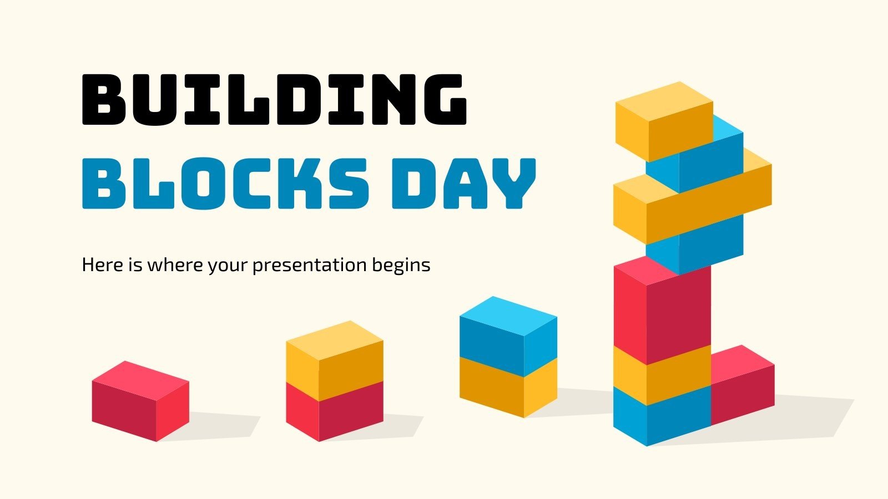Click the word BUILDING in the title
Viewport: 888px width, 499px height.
pos(274,100)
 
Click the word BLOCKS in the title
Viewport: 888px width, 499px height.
pos(225,183)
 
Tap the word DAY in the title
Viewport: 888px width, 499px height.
pos(463,183)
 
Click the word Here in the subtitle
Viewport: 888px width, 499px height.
pos(102,265)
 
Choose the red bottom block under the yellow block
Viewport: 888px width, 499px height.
pos(334,411)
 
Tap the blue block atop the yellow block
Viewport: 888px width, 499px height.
pos(508,335)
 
